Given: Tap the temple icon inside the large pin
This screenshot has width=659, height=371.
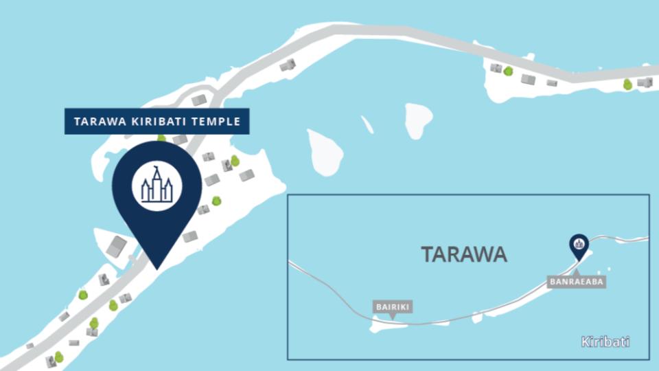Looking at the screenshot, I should (x=157, y=184).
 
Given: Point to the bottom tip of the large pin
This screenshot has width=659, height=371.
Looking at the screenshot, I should (x=157, y=267).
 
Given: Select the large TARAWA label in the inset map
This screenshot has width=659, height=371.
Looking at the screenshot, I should (x=464, y=254).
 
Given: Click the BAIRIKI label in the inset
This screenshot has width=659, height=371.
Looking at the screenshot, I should (x=393, y=306).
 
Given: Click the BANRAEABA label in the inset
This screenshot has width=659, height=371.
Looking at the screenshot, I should (x=576, y=281).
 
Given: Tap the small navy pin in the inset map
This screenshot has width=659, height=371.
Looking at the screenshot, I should (x=579, y=245).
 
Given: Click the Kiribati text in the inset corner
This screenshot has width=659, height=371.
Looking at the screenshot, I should (x=605, y=341).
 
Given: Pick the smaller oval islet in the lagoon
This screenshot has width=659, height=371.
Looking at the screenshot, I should (x=417, y=120).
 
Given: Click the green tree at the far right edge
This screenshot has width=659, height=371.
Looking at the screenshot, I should (x=627, y=84).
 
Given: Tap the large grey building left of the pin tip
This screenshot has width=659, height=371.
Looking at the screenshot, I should (x=117, y=247).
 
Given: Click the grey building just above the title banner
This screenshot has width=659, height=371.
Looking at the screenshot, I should (x=199, y=100).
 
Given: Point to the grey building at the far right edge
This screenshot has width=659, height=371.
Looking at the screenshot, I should (x=644, y=82).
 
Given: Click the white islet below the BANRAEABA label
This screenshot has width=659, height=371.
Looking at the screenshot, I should (x=575, y=304).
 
